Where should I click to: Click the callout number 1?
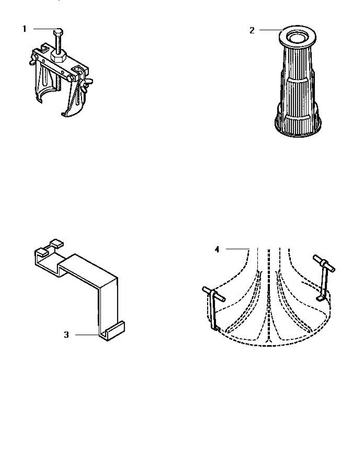24,29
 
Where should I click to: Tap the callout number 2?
252,30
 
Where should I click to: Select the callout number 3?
66,335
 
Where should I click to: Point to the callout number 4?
217,249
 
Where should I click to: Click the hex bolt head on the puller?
59,31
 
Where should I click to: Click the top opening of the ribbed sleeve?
298,37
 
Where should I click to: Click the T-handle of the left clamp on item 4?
213,294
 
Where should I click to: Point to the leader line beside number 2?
269,30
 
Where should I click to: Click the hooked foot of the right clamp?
320,298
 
